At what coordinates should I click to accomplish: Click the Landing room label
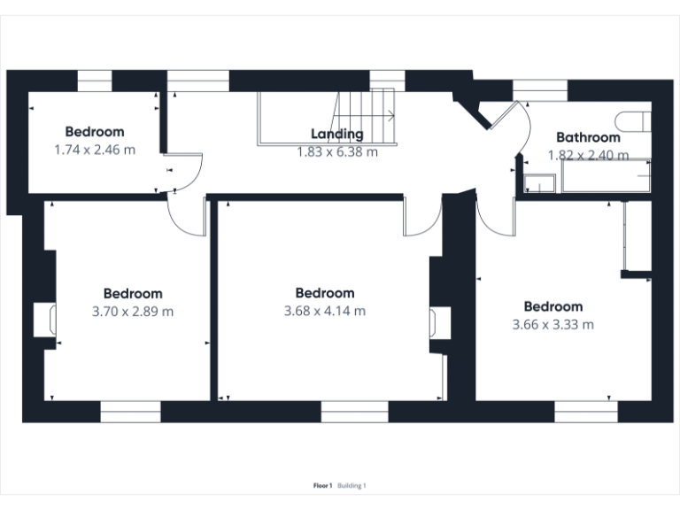click(336, 135)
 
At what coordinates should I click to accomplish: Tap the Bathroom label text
click(588, 137)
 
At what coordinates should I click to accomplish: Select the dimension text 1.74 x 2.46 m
click(95, 150)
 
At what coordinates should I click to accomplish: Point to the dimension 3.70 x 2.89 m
click(133, 311)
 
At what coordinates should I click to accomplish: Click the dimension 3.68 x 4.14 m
click(325, 311)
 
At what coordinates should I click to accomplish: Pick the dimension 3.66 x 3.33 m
click(552, 324)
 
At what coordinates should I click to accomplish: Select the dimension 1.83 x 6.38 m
click(336, 151)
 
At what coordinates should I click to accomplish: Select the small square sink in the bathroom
click(538, 183)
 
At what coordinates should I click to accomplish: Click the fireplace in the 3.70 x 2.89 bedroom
click(45, 320)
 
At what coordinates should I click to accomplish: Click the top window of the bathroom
click(540, 88)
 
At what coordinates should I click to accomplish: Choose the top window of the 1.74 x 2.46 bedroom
click(94, 81)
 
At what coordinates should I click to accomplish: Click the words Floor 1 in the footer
click(322, 485)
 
